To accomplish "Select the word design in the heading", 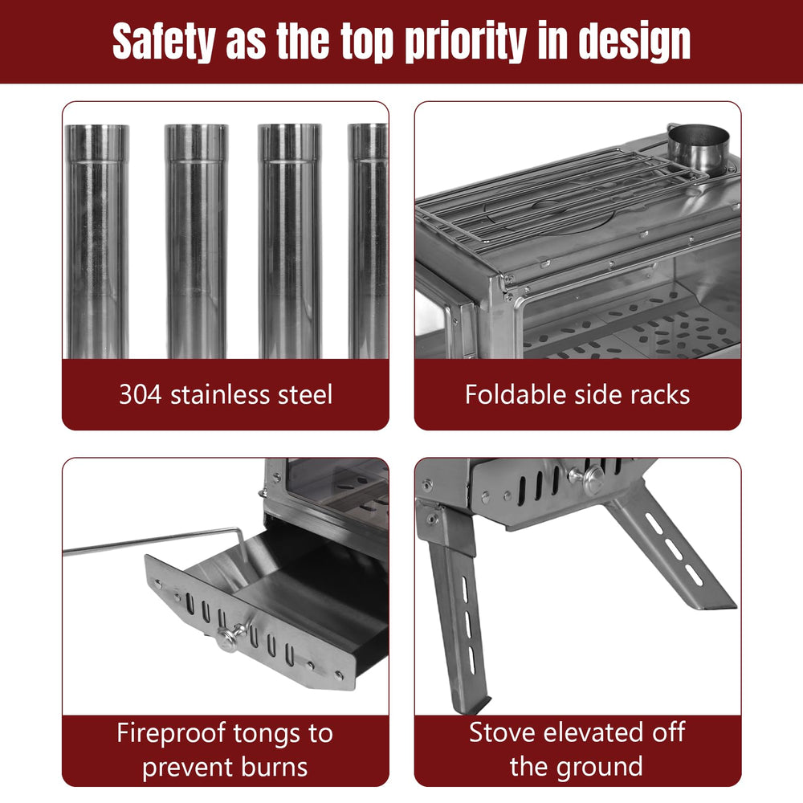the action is click(x=634, y=42).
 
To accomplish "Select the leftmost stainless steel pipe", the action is click(x=97, y=241).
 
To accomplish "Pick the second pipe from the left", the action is click(x=196, y=241).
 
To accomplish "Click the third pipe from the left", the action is click(x=290, y=241).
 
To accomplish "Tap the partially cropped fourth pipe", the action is click(x=368, y=241).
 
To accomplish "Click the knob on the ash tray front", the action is click(x=229, y=638).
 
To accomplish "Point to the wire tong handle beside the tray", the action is click(x=153, y=541).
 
